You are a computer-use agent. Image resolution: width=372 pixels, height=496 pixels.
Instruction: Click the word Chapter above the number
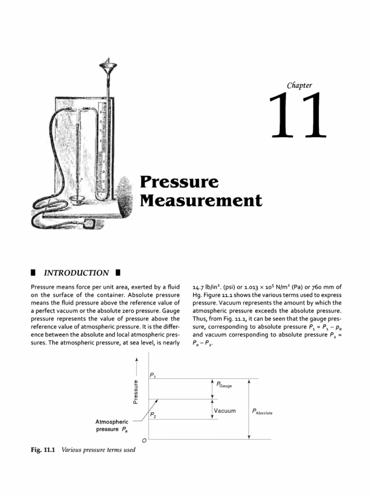[299, 85]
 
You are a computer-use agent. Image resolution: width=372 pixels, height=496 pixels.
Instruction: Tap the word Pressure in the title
[179, 182]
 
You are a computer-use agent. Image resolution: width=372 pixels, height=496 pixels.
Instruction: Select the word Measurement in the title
[201, 200]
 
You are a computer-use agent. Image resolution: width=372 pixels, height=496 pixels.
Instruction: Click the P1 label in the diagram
[153, 375]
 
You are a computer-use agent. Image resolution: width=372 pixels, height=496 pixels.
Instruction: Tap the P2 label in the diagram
[153, 415]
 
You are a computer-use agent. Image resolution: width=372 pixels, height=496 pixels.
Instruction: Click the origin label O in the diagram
[144, 441]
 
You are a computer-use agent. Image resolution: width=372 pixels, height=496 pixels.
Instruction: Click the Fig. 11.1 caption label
[43, 450]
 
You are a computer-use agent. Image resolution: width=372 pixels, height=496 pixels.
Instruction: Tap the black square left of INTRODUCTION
[33, 273]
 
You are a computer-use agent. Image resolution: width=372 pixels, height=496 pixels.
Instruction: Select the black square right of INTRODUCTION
[118, 273]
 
